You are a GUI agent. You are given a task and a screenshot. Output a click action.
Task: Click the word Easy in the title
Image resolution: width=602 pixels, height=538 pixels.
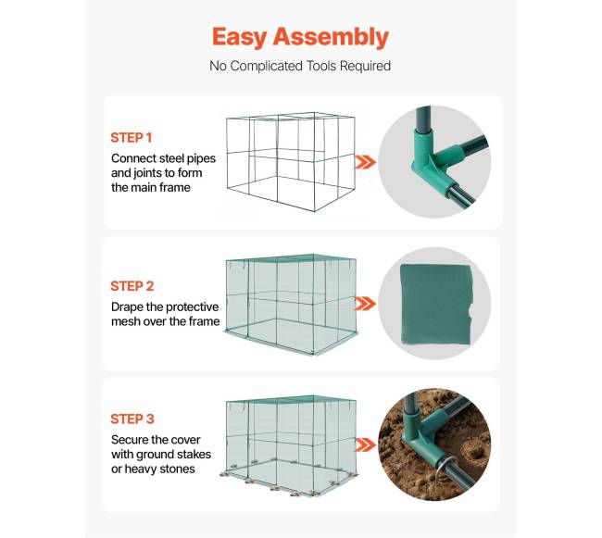[x=240, y=38]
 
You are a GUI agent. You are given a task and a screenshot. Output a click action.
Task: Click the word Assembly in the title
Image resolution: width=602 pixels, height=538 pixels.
[x=331, y=38]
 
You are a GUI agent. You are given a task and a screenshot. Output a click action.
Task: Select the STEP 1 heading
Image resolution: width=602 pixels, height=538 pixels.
[x=132, y=137]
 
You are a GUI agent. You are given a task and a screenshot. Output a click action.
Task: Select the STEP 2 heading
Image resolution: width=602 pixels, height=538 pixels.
[x=132, y=286]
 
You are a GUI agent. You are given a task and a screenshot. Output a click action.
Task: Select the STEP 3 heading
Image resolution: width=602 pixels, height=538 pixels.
[x=132, y=419]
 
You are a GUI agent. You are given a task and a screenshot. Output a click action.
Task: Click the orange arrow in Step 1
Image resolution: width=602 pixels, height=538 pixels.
[x=365, y=162]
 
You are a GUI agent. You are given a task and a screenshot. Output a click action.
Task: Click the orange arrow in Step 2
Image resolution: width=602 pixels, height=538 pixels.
[x=365, y=304]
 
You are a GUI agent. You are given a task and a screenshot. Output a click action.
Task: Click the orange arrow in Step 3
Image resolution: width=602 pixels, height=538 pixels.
[x=365, y=445]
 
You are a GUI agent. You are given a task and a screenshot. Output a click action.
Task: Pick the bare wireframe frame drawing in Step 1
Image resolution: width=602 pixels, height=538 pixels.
[x=290, y=161]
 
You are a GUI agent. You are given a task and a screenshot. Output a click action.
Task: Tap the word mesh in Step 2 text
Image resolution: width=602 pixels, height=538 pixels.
[x=126, y=321]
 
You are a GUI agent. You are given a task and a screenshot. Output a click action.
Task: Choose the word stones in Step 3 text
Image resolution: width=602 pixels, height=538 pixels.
[x=178, y=469]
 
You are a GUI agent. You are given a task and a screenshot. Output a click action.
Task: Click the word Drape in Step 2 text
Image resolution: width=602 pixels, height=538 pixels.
[x=127, y=307]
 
